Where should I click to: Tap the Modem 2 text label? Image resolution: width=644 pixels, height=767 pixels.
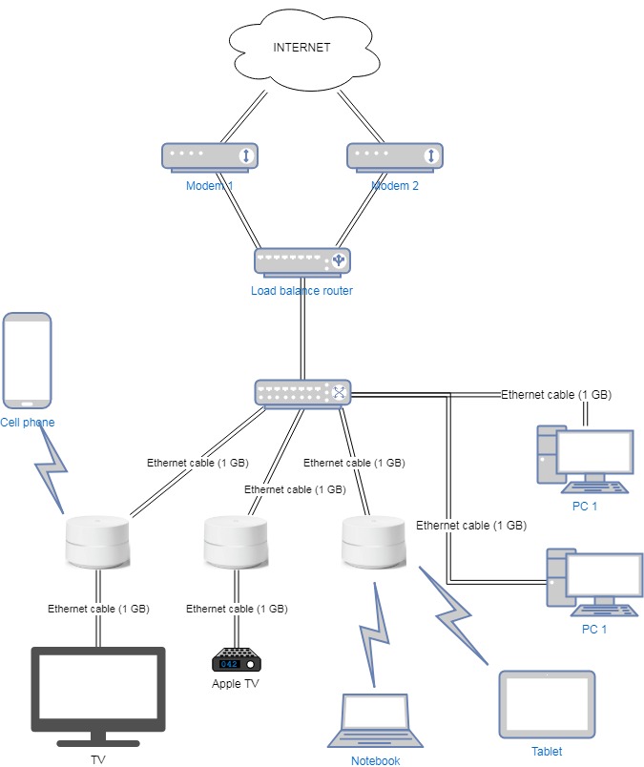(x=395, y=186)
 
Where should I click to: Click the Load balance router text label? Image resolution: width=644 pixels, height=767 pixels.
(x=301, y=291)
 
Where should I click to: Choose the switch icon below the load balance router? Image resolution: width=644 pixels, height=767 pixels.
(x=302, y=391)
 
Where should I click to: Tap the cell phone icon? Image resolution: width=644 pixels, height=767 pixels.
(x=27, y=361)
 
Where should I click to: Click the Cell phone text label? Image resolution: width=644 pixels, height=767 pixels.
(x=27, y=423)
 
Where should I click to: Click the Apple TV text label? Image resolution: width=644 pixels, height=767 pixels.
(x=235, y=684)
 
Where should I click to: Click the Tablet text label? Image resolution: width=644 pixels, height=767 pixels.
(x=547, y=751)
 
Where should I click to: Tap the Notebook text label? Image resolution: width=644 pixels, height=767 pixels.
(x=375, y=760)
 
